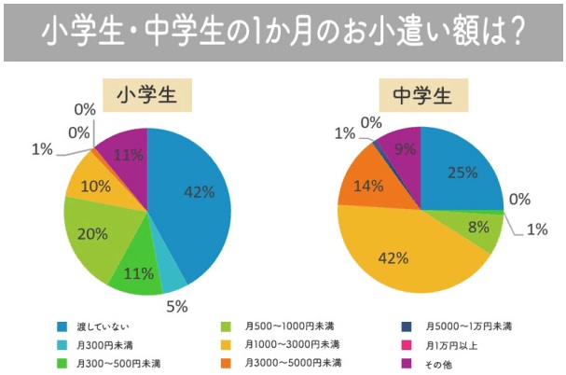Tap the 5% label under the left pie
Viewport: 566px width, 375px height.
point(177,305)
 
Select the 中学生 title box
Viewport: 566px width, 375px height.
point(421,96)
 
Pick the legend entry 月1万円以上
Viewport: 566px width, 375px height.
point(457,344)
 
